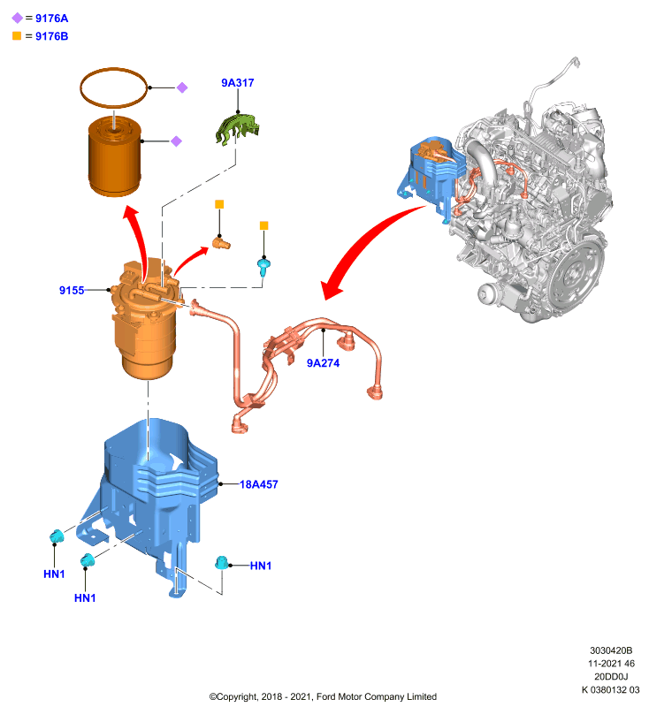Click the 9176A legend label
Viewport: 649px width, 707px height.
pos(52,19)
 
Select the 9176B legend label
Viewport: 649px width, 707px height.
pos(52,36)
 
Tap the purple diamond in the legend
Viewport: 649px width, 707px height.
pos(17,18)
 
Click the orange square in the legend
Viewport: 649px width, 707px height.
pos(17,35)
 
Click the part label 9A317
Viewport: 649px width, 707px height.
pos(238,83)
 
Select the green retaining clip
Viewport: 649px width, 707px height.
pos(238,129)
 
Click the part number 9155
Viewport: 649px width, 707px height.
pos(72,291)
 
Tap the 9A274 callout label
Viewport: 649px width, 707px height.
pos(323,363)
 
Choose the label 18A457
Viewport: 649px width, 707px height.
pos(258,484)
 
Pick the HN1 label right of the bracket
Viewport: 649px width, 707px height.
pos(261,566)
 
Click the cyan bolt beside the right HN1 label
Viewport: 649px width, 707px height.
pos(221,563)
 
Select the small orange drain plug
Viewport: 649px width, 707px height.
pos(221,244)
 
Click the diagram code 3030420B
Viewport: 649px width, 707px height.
pos(611,650)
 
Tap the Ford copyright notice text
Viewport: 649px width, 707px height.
pos(323,696)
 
